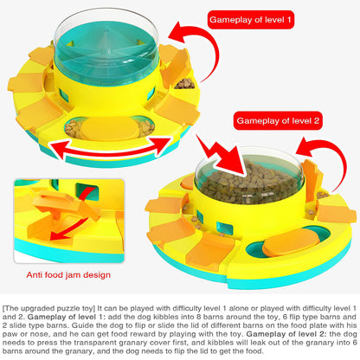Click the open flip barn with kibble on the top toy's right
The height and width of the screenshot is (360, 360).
184,84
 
